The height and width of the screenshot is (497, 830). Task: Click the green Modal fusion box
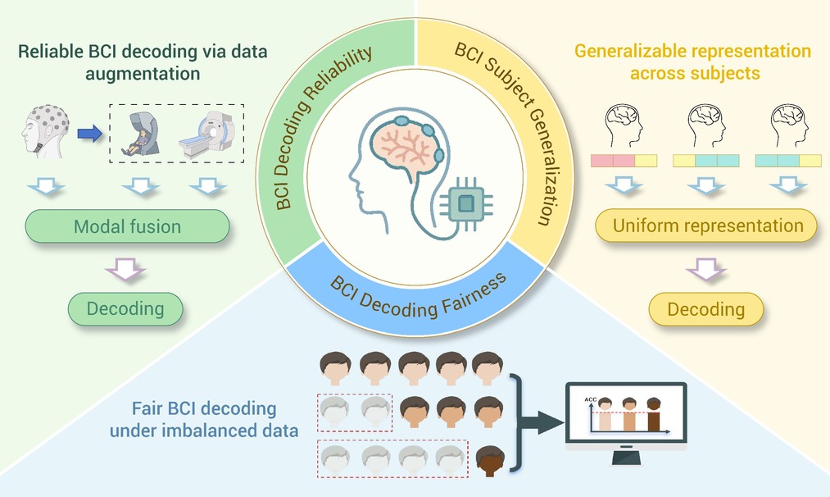(x=128, y=226)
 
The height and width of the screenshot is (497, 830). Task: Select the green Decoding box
(x=125, y=308)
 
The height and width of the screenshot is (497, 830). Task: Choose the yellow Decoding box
(x=706, y=309)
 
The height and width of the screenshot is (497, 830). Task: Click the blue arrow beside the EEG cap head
(x=89, y=133)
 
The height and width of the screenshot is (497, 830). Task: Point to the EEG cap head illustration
(x=46, y=131)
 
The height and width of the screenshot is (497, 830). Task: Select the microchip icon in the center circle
(x=466, y=203)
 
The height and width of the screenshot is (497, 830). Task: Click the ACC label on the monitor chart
(x=590, y=399)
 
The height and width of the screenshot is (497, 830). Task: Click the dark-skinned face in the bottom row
(x=490, y=461)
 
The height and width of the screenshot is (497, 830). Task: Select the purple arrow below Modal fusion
(x=125, y=269)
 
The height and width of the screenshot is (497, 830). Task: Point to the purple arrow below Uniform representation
(x=705, y=269)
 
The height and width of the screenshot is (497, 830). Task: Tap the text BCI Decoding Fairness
(x=418, y=297)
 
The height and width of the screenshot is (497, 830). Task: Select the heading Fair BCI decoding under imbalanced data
(x=204, y=419)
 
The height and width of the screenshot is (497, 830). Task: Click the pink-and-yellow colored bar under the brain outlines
(x=624, y=161)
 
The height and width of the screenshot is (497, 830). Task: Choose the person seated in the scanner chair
(x=138, y=143)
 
